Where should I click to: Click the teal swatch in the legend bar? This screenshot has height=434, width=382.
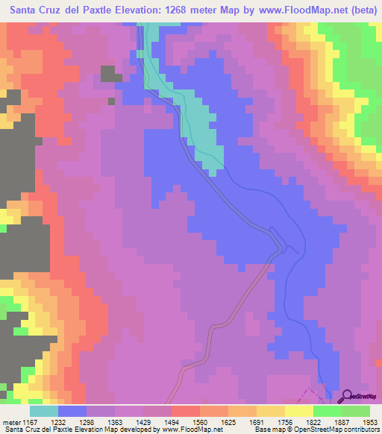tap(43, 411)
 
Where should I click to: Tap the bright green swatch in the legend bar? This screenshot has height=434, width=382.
tap(327, 411)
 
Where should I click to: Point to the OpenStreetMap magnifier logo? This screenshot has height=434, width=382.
tap(348, 396)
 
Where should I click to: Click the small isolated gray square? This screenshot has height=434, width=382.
tap(111, 101)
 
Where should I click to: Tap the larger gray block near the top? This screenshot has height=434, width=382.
tap(110, 73)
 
